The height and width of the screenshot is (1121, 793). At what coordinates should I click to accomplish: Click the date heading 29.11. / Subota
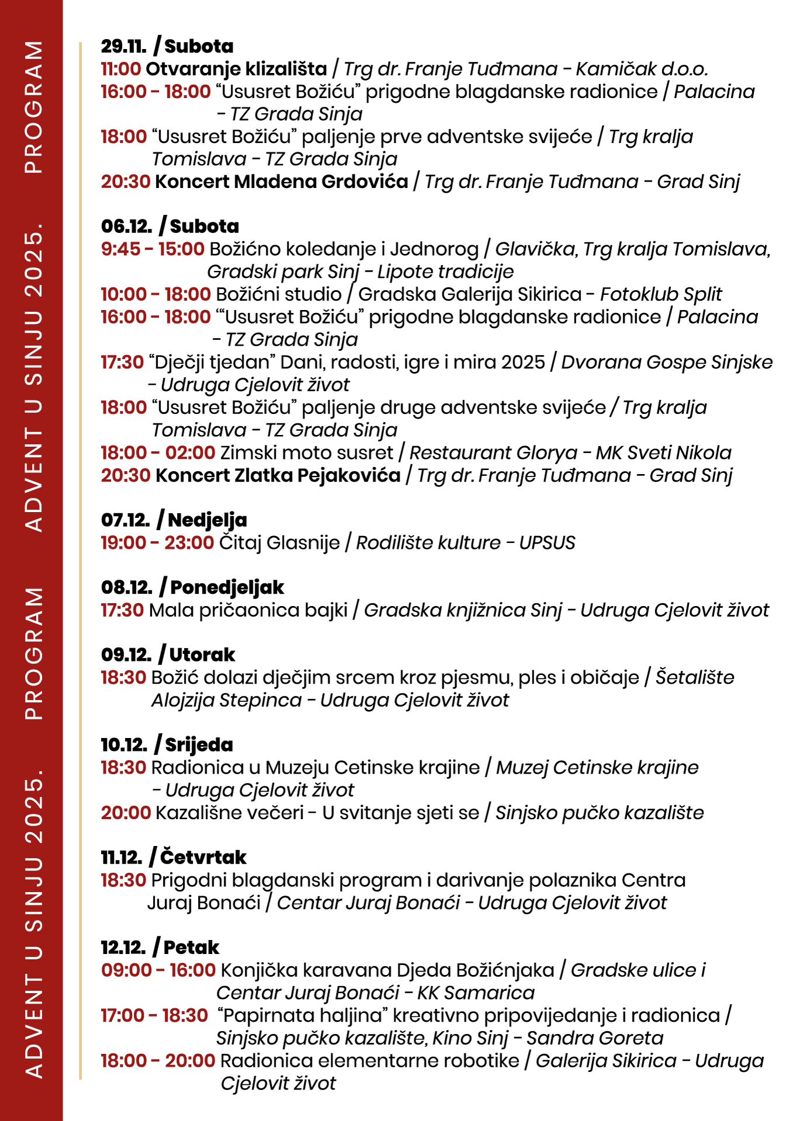click(167, 46)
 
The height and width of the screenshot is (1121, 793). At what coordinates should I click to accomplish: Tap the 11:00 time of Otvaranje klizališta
click(120, 69)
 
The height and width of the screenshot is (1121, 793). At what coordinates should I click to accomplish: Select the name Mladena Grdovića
click(321, 182)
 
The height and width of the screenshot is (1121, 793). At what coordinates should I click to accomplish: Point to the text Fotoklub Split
click(661, 294)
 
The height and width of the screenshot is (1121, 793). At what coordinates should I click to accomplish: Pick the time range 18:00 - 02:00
click(158, 452)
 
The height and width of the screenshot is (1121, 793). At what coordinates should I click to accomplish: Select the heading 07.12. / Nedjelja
click(174, 520)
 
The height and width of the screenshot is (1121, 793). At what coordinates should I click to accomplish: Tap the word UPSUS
click(547, 543)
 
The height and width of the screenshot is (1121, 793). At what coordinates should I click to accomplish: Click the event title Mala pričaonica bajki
click(248, 610)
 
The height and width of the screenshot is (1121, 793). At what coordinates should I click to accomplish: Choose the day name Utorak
click(202, 655)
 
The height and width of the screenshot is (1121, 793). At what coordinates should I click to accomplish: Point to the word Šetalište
click(694, 677)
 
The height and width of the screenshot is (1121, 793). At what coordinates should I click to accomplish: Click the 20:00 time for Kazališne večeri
click(126, 813)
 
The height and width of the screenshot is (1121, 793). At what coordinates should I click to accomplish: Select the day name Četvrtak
click(203, 857)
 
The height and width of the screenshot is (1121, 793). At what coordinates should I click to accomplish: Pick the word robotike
click(482, 1060)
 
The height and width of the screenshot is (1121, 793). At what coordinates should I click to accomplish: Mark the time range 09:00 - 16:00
click(158, 970)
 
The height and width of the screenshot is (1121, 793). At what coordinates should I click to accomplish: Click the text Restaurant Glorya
click(493, 452)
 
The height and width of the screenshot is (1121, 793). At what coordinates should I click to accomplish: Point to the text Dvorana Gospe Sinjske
click(667, 362)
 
